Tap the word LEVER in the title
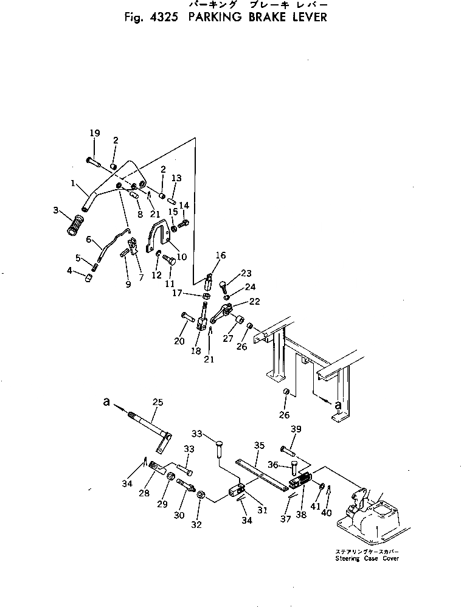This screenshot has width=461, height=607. coord(307,17)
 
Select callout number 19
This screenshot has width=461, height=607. coord(94,133)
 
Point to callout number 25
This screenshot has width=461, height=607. coord(158,402)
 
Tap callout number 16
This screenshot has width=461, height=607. coord(220,256)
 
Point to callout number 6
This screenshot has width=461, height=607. coord(89,240)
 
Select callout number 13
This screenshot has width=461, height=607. coord(176,178)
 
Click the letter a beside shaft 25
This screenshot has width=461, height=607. coord(107,402)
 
